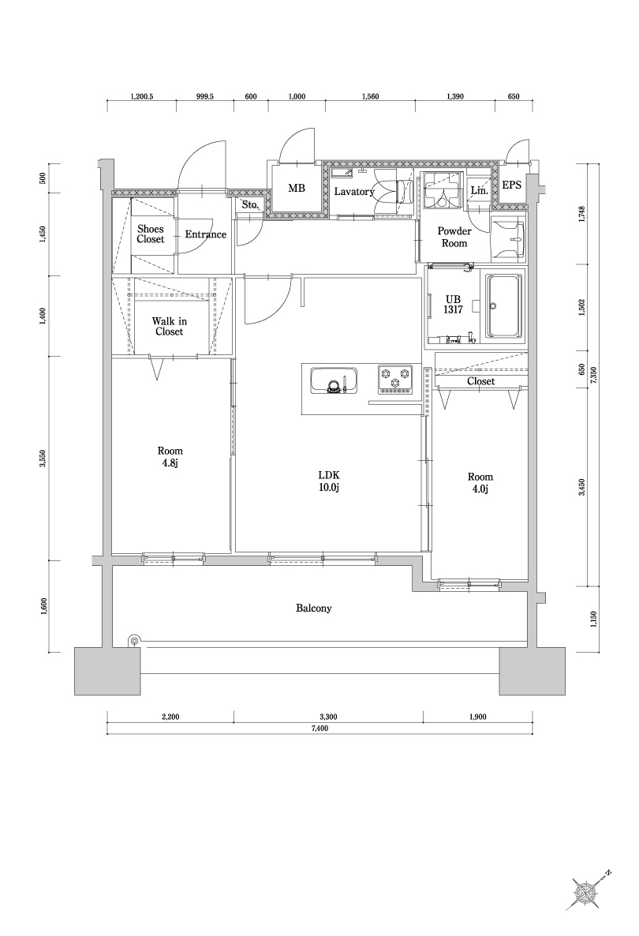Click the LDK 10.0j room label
point(328,481)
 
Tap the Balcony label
point(314,608)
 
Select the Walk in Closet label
point(169,326)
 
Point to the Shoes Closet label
point(151,234)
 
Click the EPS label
point(511,185)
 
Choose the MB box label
point(296,189)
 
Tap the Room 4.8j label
point(170,457)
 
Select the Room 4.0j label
point(480,483)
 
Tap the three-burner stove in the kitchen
point(394,379)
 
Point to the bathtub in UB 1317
point(502,306)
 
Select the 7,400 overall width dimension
point(319,729)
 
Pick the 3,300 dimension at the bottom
point(328,717)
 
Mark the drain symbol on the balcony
point(134,641)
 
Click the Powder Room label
point(454,238)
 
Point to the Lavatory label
point(353,192)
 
